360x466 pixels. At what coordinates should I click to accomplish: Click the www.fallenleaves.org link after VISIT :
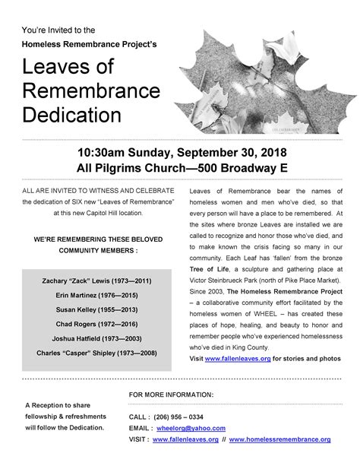click(x=185, y=439)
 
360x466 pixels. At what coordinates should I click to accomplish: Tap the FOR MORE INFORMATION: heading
click(x=172, y=395)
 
